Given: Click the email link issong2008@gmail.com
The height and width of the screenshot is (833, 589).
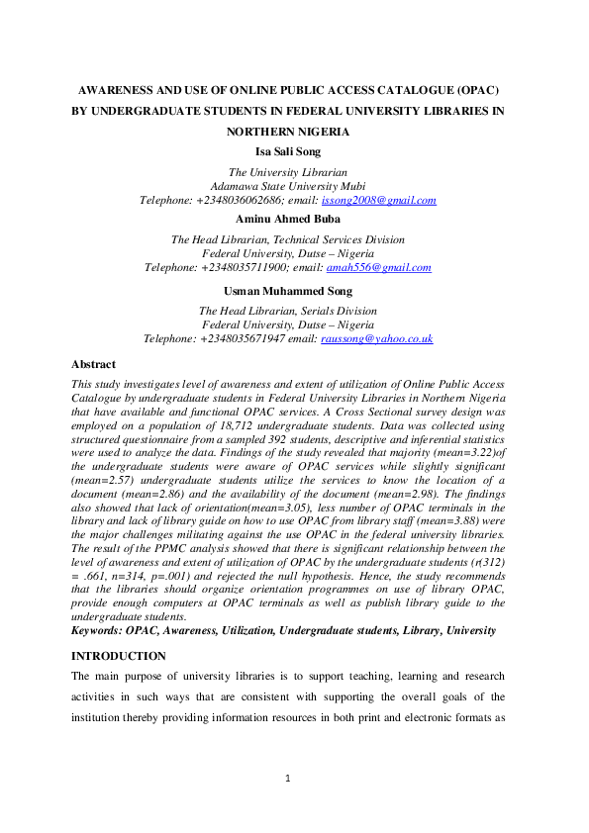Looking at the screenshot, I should click(x=379, y=201).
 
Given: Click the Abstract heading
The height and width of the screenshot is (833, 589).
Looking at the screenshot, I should click(x=94, y=364).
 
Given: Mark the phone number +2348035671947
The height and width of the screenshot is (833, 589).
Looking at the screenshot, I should click(x=245, y=338).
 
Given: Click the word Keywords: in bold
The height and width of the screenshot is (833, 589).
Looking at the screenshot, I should click(x=98, y=630).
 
